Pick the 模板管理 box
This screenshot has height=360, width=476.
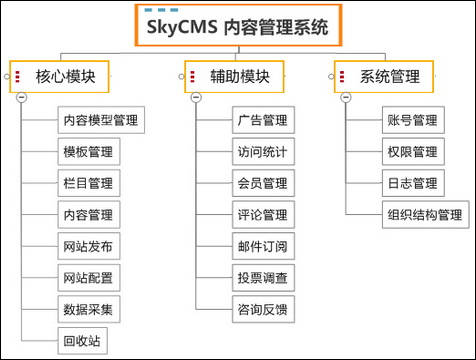87,152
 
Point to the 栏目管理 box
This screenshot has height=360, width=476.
87,183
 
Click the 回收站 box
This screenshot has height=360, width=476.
80,341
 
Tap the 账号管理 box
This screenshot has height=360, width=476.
411,121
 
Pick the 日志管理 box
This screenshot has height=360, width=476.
411,183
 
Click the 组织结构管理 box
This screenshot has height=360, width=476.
425,214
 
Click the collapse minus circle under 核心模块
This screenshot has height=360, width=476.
21,97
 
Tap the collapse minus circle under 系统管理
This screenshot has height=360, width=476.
346,97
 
